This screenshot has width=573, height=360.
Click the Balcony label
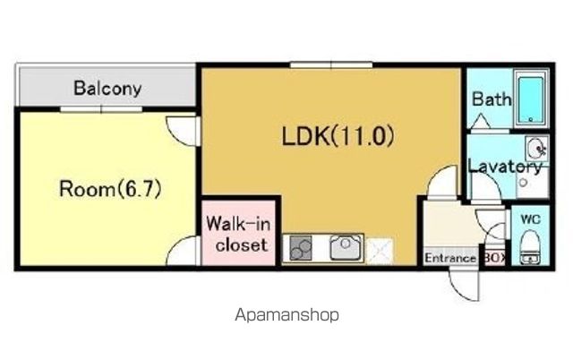tap(107, 89)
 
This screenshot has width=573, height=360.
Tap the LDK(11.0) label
tap(338, 135)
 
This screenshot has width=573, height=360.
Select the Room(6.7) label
tap(110, 189)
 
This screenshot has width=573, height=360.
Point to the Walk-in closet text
tap(239, 234)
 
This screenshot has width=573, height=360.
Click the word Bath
tap(492, 99)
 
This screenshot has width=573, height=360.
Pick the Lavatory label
tap(505, 167)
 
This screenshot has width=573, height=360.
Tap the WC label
tap(530, 219)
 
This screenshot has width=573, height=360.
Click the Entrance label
tap(450, 259)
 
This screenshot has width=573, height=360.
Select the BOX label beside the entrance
tap(495, 258)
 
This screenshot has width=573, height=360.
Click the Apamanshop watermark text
tap(286, 314)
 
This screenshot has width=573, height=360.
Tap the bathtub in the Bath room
tap(531, 99)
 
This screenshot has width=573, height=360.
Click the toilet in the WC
tap(529, 248)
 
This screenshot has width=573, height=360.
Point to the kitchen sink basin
tap(346, 247)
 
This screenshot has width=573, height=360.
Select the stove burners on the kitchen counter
tap(301, 248)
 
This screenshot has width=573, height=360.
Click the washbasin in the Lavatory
tap(536, 149)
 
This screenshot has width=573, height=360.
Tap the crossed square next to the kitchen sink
tap(380, 251)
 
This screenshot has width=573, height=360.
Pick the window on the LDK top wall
tap(331, 65)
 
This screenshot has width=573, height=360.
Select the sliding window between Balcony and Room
tap(101, 109)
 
